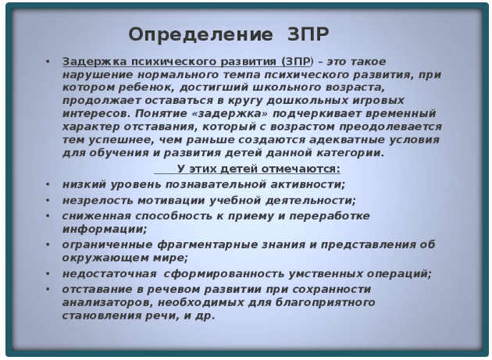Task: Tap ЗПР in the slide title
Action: pyautogui.click(x=302, y=35)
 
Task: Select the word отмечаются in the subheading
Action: pyautogui.click(x=294, y=169)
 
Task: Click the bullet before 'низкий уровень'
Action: pyautogui.click(x=48, y=184)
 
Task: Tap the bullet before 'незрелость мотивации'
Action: pyautogui.click(x=48, y=200)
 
